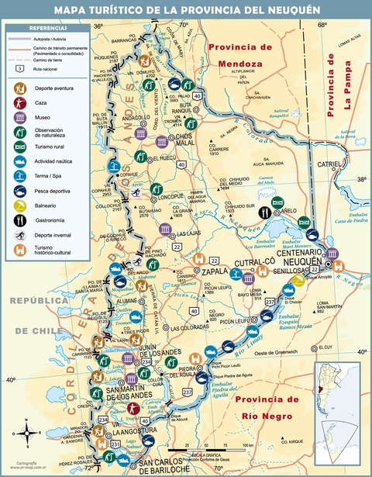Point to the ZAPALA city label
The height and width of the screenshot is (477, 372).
pyautogui.click(x=197, y=275)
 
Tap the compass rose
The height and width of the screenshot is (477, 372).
pyautogui.click(x=29, y=433)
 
